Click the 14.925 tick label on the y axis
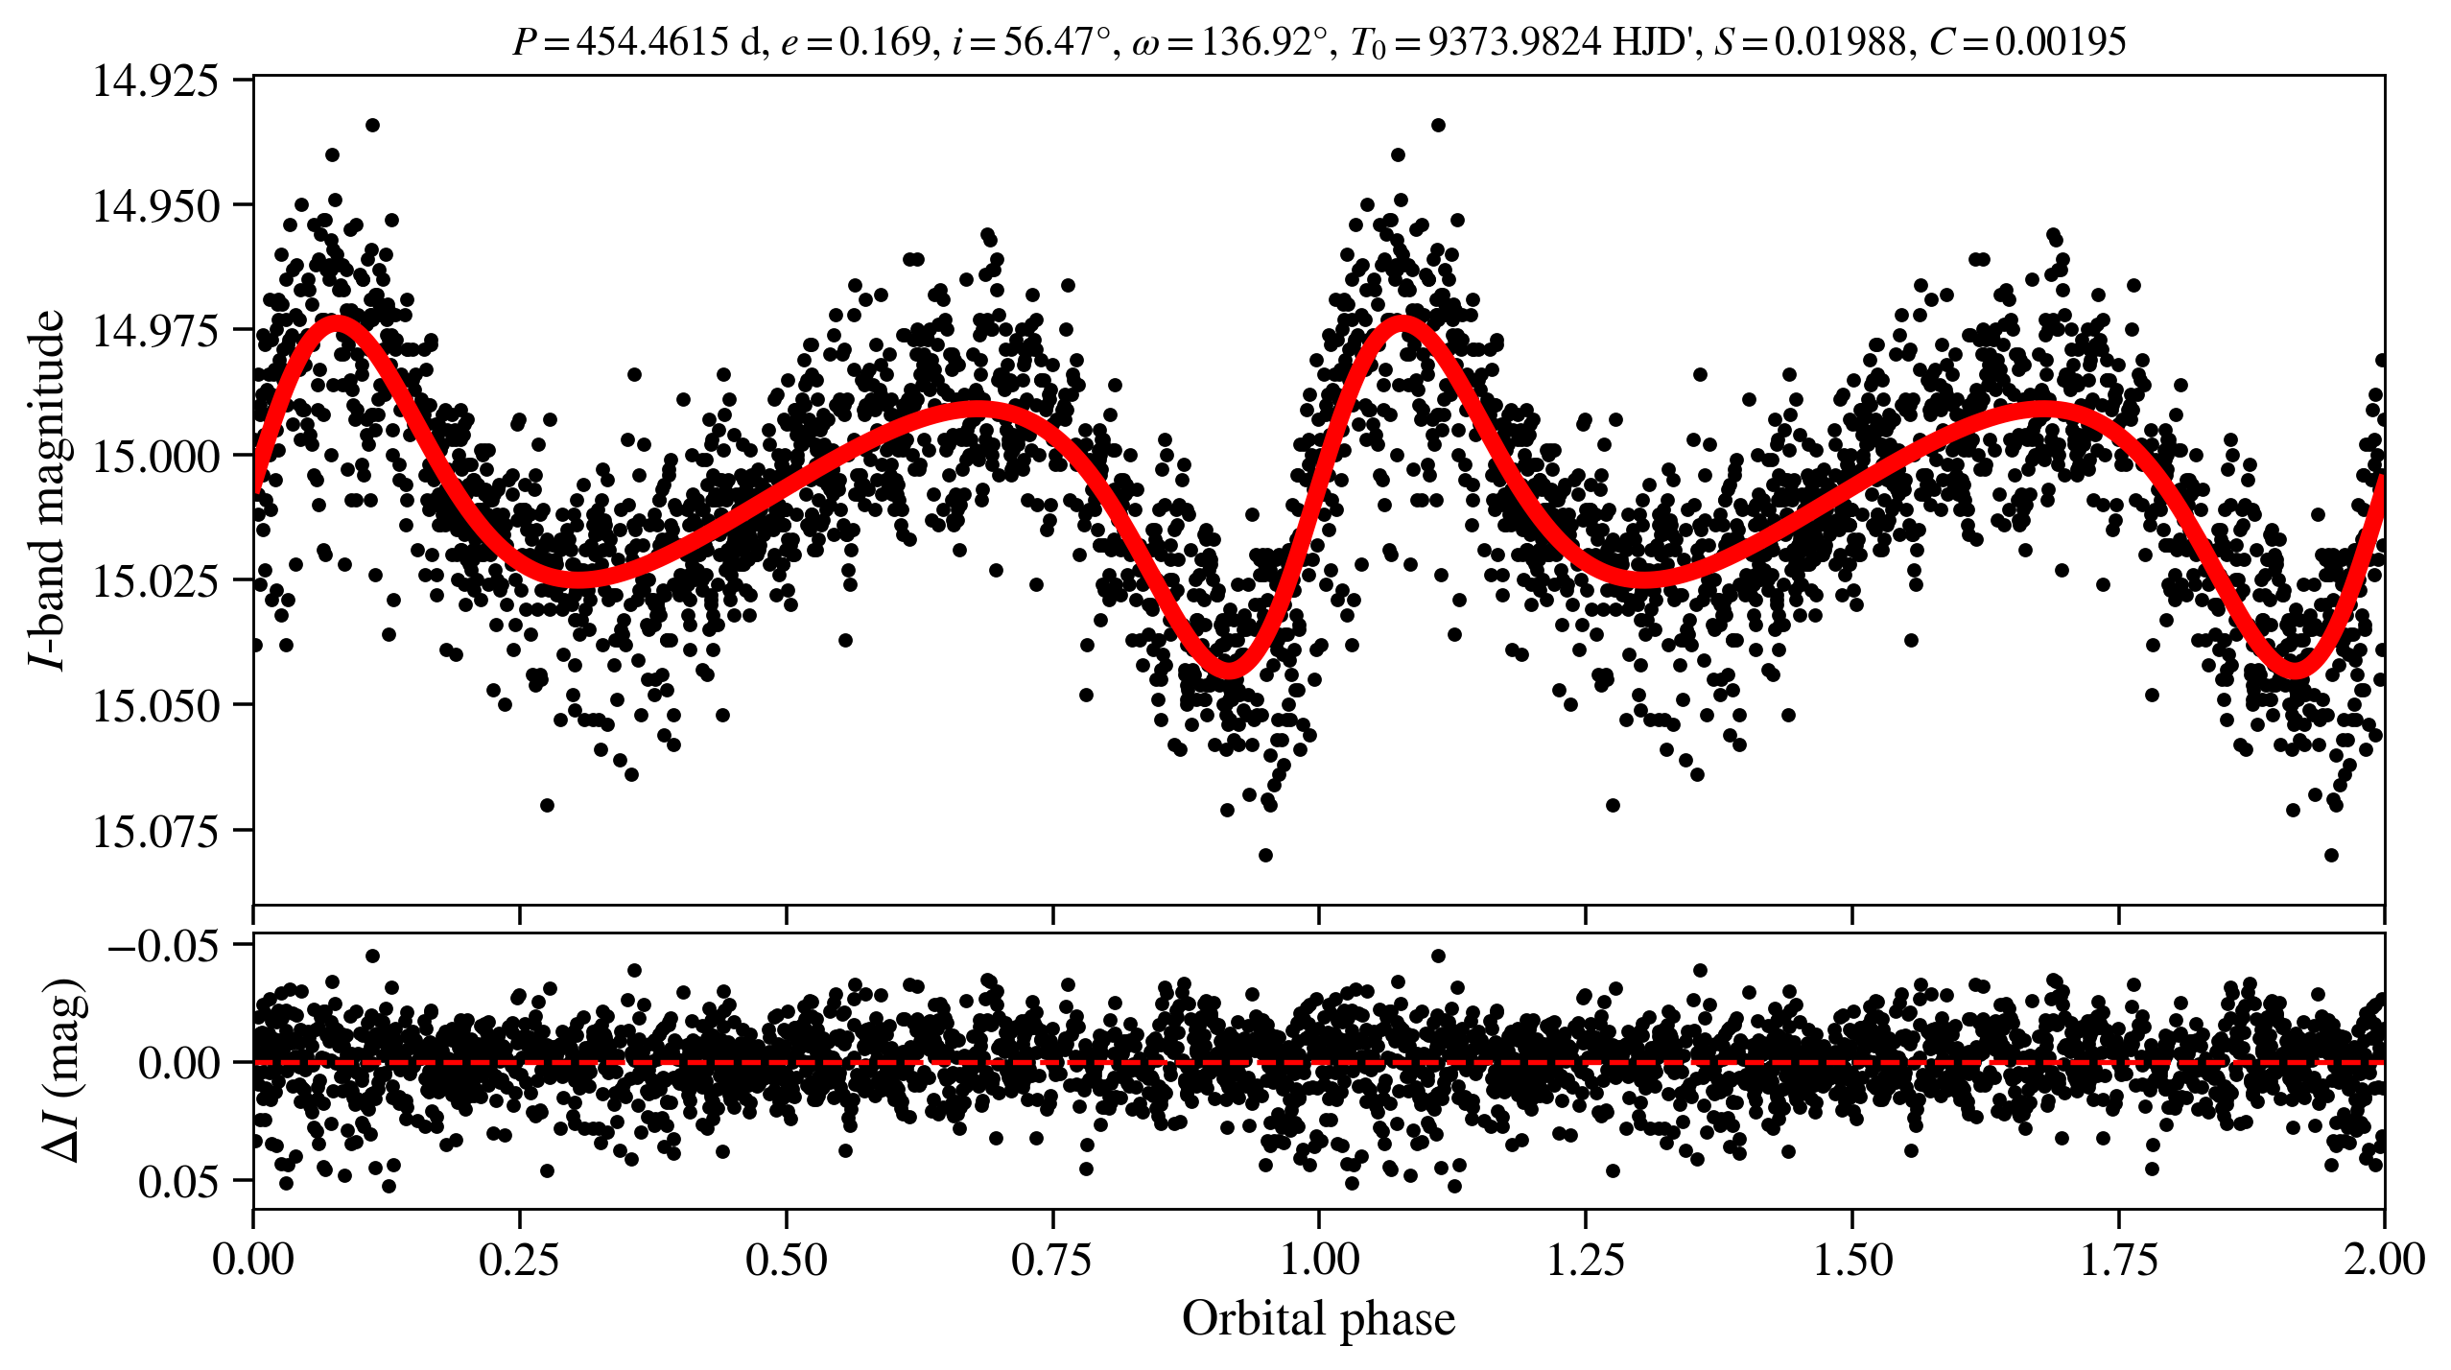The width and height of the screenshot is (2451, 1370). (x=154, y=81)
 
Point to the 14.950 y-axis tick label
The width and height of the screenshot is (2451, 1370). (x=154, y=205)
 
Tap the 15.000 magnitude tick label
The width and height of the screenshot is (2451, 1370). (x=154, y=456)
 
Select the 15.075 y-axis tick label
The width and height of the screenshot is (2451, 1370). (x=154, y=831)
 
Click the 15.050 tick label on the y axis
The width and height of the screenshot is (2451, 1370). (x=154, y=706)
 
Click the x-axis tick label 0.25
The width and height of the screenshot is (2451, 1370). (x=519, y=1259)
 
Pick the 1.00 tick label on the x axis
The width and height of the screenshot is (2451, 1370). (x=1319, y=1259)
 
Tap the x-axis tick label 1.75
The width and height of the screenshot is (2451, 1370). (x=2118, y=1259)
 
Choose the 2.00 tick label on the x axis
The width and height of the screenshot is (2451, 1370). (x=2384, y=1259)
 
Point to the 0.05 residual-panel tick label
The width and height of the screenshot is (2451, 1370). (x=178, y=1182)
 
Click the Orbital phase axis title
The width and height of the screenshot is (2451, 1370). (x=1318, y=1319)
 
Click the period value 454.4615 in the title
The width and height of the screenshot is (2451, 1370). (x=652, y=41)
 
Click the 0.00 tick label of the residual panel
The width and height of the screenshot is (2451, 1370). (x=178, y=1064)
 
